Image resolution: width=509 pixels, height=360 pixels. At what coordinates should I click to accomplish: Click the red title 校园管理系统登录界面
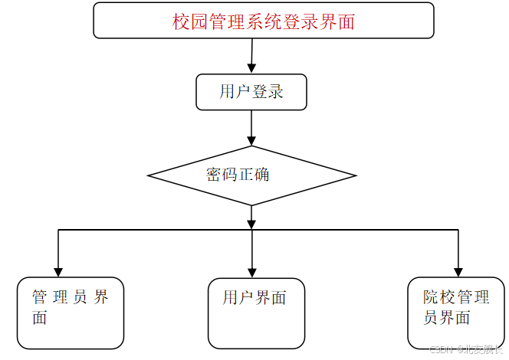coord(263,21)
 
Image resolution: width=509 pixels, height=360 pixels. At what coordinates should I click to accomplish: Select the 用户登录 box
coord(251,92)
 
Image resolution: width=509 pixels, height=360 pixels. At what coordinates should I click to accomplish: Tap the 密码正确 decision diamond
coord(251,175)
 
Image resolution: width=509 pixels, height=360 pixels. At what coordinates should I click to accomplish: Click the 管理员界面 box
coord(70,313)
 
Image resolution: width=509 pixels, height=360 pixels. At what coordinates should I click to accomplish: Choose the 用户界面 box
coord(256,313)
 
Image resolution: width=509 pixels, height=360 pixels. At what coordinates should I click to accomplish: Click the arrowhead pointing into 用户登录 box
coord(251,69)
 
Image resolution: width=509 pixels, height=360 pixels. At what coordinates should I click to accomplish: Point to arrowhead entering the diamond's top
coord(251,140)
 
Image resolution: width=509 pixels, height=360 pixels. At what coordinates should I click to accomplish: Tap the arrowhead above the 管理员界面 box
coord(58,271)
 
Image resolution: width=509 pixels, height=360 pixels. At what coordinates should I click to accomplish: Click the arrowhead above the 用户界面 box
coord(251,271)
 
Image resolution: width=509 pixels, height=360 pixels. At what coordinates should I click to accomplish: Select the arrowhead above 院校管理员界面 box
coord(458,271)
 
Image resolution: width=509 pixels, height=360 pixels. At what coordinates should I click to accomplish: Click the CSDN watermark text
coord(466,350)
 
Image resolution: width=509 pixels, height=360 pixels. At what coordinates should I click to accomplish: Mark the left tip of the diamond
coord(149,176)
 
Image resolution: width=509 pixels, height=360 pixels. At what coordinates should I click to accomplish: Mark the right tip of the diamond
coord(355,176)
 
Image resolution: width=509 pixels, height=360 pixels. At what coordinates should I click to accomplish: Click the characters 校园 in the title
coord(190,22)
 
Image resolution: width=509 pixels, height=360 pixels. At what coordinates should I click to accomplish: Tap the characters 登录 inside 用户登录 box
coord(268,92)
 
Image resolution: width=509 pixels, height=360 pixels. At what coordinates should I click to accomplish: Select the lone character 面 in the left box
coord(40,318)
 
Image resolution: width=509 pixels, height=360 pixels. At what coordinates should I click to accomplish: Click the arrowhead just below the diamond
coord(251,222)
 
